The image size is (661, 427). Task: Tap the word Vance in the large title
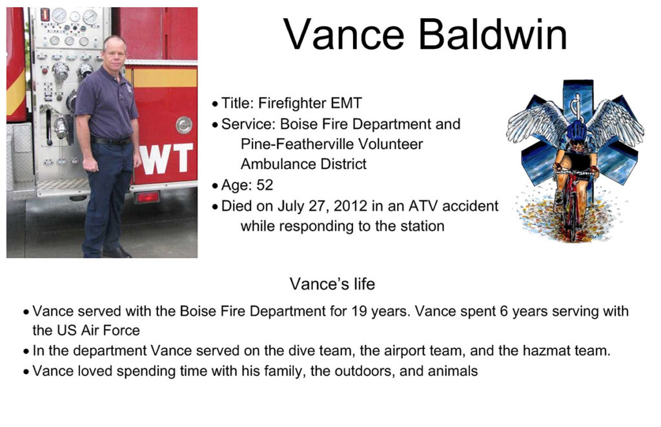coord(343,35)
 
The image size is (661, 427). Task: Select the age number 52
coord(265,185)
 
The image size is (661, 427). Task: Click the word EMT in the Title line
coord(346,103)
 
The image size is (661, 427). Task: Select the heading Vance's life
coord(332,284)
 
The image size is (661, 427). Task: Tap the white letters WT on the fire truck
coord(166,159)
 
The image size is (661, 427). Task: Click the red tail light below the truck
coord(147,197)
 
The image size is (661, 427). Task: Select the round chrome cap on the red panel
coord(184,125)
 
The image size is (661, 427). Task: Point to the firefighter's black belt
coord(111,141)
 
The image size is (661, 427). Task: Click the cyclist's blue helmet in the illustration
coord(576,129)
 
